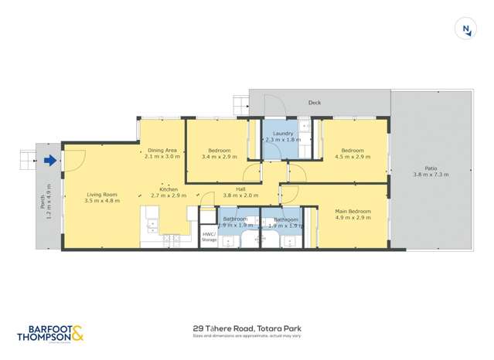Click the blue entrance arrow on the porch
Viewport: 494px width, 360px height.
click(50, 161)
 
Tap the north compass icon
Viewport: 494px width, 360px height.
click(466, 29)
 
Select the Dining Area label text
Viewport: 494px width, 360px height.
click(162, 150)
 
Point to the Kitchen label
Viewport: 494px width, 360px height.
click(169, 189)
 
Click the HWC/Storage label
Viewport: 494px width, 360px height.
click(209, 237)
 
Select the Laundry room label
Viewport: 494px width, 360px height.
click(283, 133)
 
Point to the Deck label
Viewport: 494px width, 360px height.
click(314, 102)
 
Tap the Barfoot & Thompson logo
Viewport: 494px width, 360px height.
click(49, 332)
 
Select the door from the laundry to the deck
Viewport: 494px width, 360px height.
click(271, 108)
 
